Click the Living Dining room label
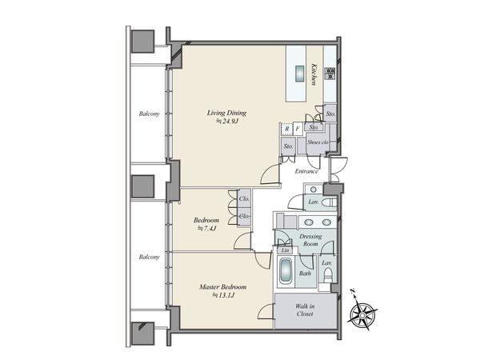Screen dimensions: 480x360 point(226,113)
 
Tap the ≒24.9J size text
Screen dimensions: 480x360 point(227,122)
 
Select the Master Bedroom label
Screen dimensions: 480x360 point(223,287)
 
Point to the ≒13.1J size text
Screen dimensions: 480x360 point(223,295)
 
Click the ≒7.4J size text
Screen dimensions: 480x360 point(206,228)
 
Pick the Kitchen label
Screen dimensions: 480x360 point(314,74)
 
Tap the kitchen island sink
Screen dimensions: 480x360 point(299,74)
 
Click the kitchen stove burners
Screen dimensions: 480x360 point(330,74)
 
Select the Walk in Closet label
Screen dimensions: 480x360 point(305,310)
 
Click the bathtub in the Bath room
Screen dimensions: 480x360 point(286,272)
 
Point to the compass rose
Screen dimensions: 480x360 point(362,314)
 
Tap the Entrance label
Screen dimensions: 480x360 point(306,171)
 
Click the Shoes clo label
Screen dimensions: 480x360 point(318,142)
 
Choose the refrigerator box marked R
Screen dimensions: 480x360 point(287,129)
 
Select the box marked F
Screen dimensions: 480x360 point(298,129)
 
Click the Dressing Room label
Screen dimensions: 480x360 point(310,240)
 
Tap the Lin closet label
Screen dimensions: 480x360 point(285,250)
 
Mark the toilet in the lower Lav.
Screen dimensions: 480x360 point(328,274)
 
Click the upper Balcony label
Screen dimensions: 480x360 point(150,114)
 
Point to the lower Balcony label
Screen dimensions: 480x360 point(150,257)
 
